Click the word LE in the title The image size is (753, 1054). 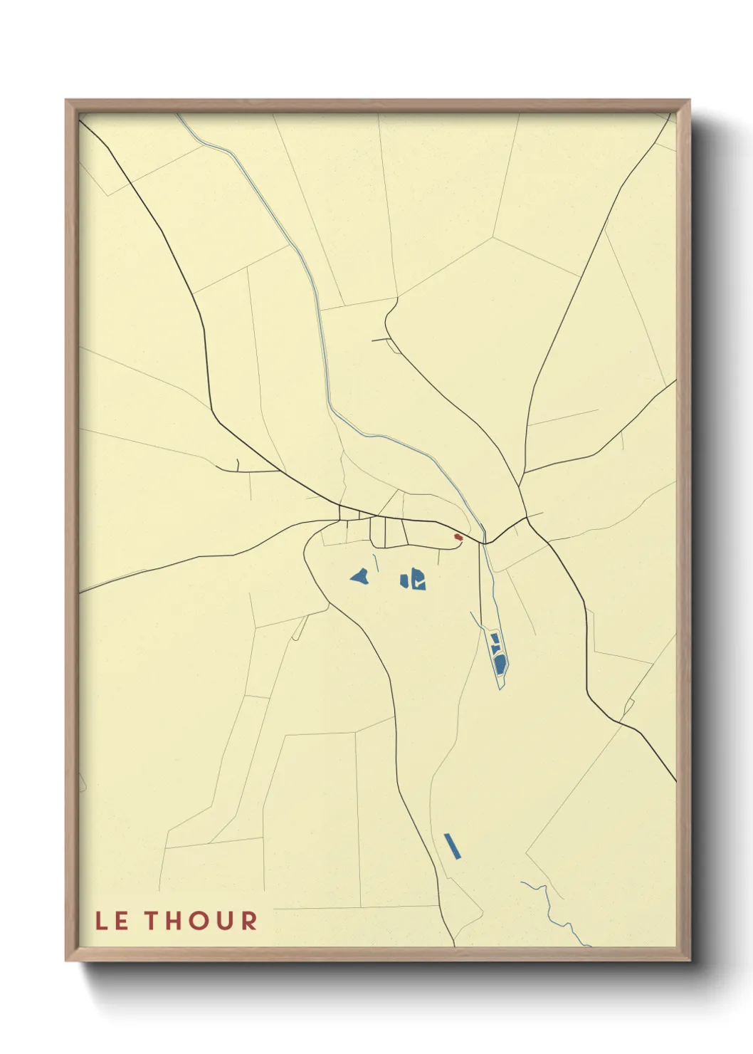[x=112, y=921]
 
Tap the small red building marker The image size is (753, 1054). [x=458, y=537]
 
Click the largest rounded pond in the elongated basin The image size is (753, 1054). [x=500, y=664]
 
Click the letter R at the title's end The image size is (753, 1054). [x=248, y=921]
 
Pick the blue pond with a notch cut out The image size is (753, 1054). [x=418, y=578]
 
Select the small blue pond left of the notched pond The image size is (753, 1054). [x=404, y=580]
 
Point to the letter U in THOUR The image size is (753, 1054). [x=226, y=921]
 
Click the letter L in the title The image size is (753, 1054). [x=102, y=921]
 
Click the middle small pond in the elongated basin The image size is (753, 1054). [x=496, y=649]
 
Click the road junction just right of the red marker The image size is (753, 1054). [x=486, y=543]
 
